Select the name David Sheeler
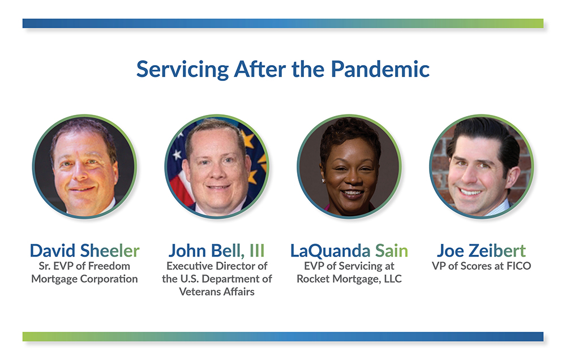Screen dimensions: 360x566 point(84,250)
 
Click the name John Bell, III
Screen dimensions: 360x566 point(216,250)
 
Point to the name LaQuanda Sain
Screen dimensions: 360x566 point(349,250)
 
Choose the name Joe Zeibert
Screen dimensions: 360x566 point(481,250)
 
